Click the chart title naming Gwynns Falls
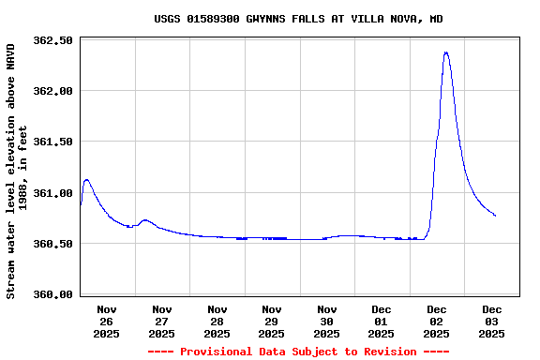298,19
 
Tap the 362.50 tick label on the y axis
52,40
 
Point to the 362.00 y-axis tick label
52,91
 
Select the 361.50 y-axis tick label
52,142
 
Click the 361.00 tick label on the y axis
52,193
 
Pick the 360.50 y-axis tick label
52,244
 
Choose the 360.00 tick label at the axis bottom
52,294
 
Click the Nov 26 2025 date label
107,321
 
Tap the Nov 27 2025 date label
162,321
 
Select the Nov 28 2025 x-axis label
217,321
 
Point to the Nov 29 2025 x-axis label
272,321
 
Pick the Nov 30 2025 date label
327,321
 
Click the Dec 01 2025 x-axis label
382,321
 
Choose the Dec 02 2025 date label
437,321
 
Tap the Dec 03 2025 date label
492,321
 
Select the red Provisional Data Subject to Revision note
298,352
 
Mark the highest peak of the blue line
446,52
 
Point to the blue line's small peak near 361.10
86,180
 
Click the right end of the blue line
495,216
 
